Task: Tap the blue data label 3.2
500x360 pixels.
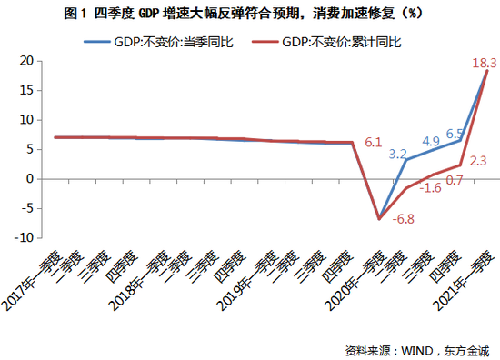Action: [397, 155]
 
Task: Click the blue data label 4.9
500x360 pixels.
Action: [430, 141]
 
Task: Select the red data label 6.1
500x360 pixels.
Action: [373, 143]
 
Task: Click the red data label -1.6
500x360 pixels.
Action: [431, 187]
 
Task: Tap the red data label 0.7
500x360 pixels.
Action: [455, 180]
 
